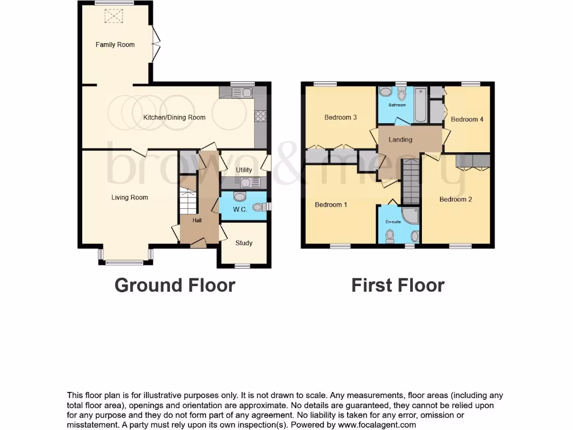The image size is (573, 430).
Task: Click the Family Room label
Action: pyautogui.click(x=115, y=45)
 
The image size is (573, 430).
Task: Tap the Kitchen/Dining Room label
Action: pyautogui.click(x=174, y=118)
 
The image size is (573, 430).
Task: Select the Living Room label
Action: pyautogui.click(x=129, y=197)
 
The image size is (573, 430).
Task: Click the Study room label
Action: pyautogui.click(x=243, y=243)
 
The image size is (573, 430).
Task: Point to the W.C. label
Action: pyautogui.click(x=240, y=210)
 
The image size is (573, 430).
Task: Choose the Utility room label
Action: pyautogui.click(x=243, y=170)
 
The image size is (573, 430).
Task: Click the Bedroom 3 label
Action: pyautogui.click(x=340, y=118)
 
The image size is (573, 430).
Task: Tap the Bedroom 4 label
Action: pyautogui.click(x=467, y=119)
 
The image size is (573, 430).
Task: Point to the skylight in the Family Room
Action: pyautogui.click(x=114, y=17)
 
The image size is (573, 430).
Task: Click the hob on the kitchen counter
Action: pyautogui.click(x=260, y=116)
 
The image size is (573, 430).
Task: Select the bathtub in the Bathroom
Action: pyautogui.click(x=420, y=104)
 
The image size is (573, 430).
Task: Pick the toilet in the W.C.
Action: pyautogui.click(x=258, y=207)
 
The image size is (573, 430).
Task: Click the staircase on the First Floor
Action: pyautogui.click(x=411, y=180)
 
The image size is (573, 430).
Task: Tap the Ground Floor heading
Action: pyautogui.click(x=175, y=285)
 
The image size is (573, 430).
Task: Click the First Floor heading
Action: pyautogui.click(x=397, y=285)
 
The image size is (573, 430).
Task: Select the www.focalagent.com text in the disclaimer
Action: pyautogui.click(x=377, y=425)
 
